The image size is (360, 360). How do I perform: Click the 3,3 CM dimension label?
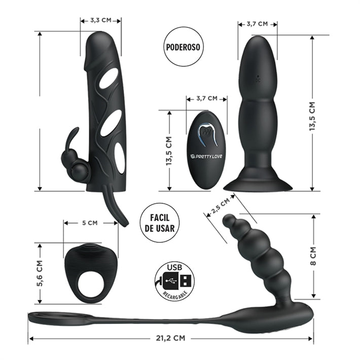click(100, 20)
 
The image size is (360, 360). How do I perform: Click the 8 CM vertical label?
click(313, 257)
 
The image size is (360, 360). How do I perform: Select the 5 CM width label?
click(90, 222)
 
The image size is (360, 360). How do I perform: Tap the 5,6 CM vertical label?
click(40, 274)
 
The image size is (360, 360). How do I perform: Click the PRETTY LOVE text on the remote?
click(207, 156)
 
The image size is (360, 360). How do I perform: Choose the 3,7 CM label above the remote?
click(206, 98)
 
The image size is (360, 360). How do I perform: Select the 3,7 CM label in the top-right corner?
click(257, 23)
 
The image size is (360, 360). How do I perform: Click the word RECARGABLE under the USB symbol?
click(174, 294)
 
